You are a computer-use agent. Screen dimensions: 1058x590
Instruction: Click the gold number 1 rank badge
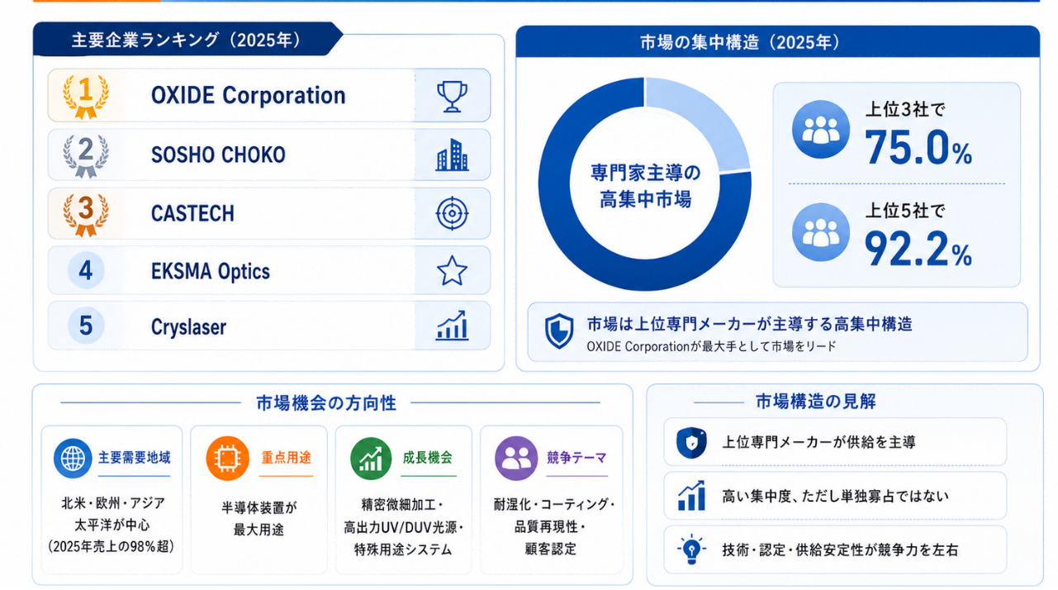86,95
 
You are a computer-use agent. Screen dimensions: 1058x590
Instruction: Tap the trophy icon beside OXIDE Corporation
452,97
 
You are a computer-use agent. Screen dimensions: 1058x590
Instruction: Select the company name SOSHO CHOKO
218,155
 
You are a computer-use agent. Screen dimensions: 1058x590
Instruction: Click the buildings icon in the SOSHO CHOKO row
452,155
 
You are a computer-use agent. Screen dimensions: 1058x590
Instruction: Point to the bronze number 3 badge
86,213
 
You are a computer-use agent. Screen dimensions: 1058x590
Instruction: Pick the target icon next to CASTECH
452,213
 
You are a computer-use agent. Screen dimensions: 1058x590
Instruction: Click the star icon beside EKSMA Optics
452,271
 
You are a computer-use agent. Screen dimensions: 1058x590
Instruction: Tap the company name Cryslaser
188,327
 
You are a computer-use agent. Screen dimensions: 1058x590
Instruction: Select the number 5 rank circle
86,326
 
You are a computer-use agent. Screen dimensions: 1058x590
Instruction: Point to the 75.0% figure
918,148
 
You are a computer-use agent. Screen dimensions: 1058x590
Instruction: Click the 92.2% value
918,249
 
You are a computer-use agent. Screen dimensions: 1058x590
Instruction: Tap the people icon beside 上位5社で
821,232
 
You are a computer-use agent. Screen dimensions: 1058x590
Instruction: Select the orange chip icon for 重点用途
228,459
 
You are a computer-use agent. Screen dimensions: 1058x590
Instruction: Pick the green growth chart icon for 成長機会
371,459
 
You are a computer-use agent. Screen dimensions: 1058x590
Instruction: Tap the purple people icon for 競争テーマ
516,459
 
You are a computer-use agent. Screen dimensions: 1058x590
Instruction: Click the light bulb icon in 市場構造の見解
691,549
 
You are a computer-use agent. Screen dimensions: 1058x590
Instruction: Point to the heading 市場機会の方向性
326,403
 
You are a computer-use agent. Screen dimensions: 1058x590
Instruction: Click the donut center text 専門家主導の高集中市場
645,186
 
